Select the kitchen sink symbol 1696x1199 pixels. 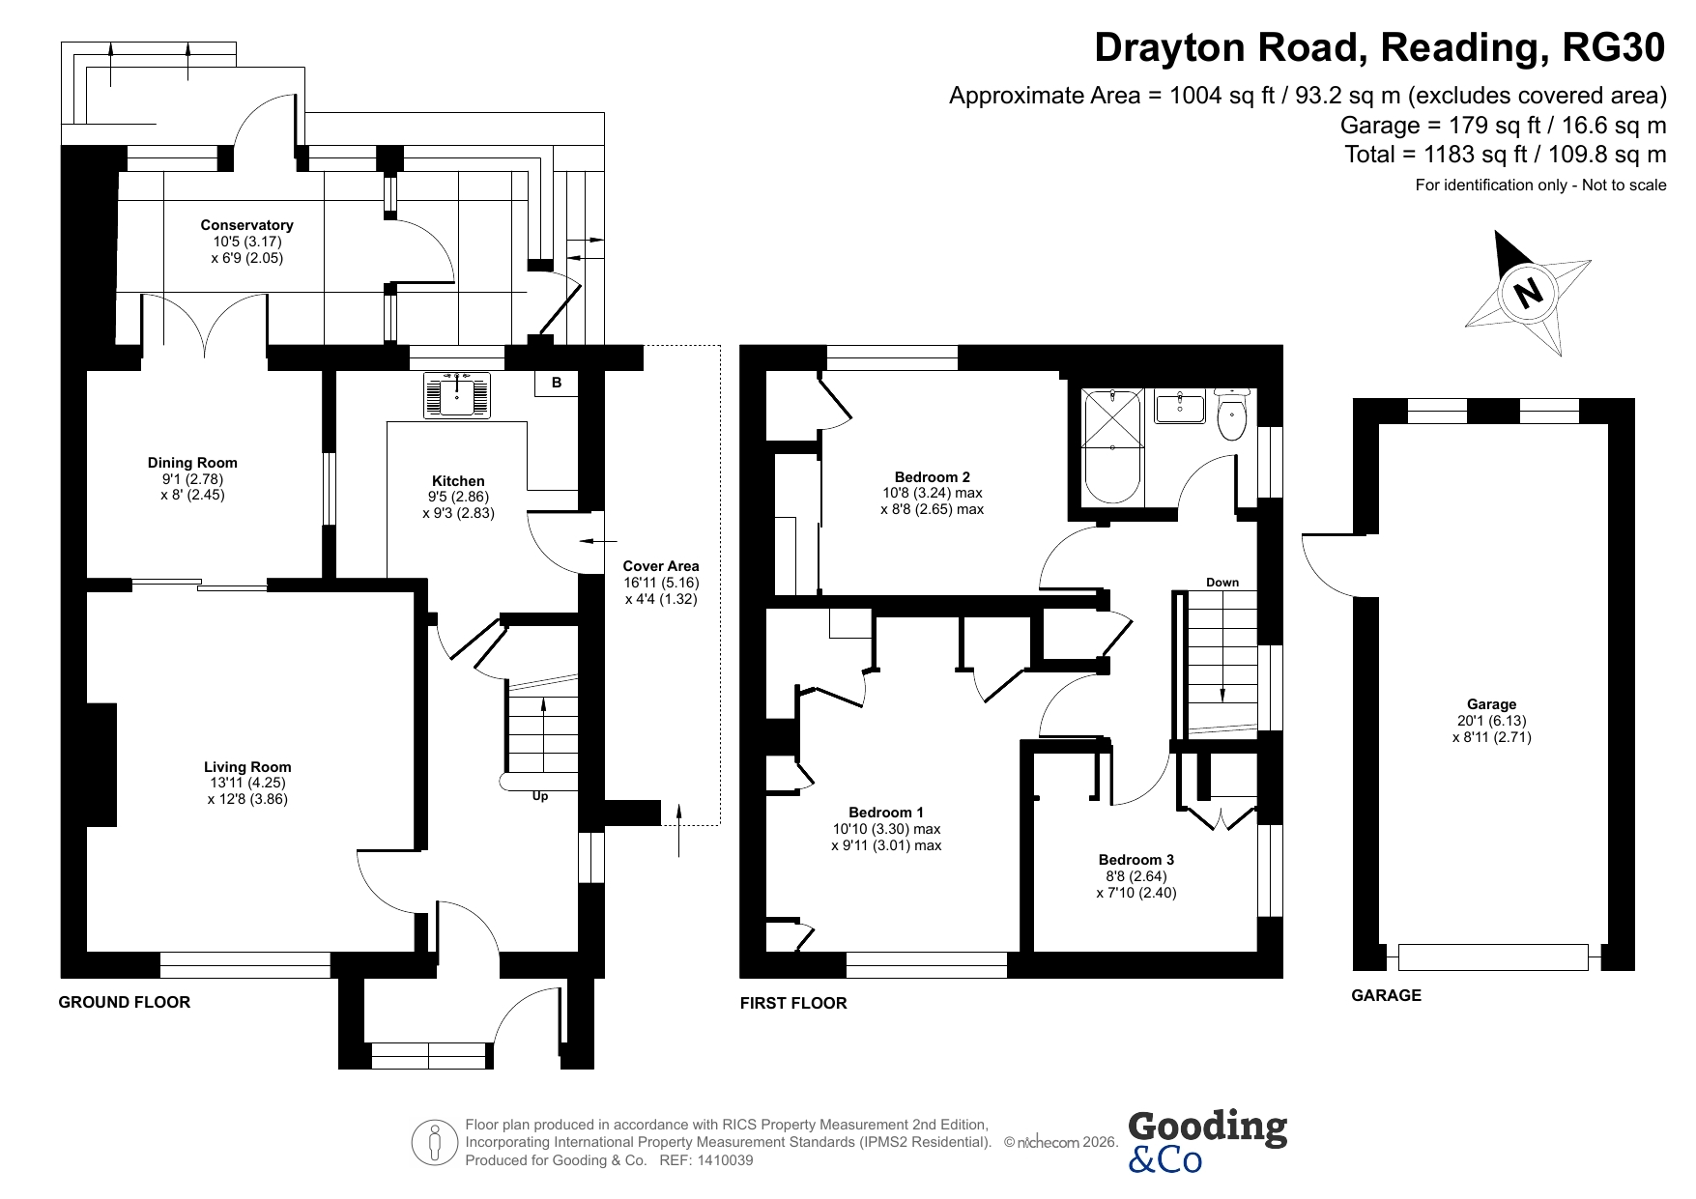(457, 395)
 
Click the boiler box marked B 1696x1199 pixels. (557, 384)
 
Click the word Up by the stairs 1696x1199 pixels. (540, 797)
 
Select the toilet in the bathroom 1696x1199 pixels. (1231, 414)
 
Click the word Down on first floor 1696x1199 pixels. (1222, 583)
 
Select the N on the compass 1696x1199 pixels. (1528, 291)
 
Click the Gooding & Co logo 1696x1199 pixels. (1207, 1140)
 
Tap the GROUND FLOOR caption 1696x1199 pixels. (125, 1002)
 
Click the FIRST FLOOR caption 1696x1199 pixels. (793, 1003)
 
